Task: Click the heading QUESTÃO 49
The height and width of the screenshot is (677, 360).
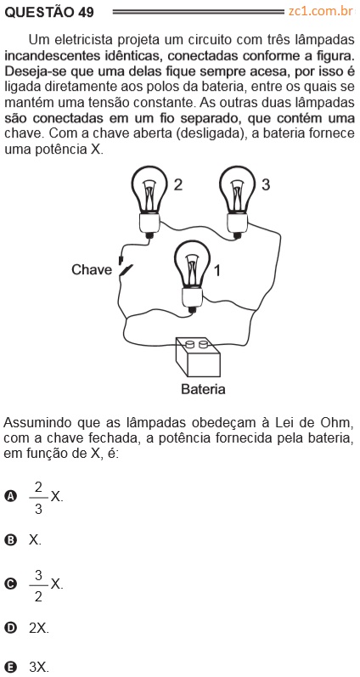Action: (48, 12)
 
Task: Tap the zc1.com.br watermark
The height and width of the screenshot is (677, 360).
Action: (321, 11)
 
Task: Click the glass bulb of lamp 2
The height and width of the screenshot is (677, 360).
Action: (149, 190)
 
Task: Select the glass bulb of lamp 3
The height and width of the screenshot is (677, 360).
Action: (238, 190)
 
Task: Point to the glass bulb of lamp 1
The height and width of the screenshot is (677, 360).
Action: (192, 264)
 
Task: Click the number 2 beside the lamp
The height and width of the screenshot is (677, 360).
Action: (177, 185)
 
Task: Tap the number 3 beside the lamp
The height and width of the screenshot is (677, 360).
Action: (266, 185)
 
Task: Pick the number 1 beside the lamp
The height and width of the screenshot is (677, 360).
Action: (217, 271)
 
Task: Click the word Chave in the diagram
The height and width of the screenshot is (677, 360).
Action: (92, 270)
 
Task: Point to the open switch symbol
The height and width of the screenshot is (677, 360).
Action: (125, 268)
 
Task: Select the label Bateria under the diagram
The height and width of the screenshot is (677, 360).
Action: (203, 389)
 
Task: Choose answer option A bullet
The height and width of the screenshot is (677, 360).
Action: (10, 497)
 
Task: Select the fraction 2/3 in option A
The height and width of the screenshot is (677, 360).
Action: (38, 498)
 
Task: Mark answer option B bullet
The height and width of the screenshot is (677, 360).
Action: (10, 540)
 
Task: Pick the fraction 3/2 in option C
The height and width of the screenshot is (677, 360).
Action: (38, 585)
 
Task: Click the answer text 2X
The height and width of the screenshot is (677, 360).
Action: (39, 628)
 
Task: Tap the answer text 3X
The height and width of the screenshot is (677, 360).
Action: (39, 668)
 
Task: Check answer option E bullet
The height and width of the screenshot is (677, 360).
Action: (10, 668)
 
